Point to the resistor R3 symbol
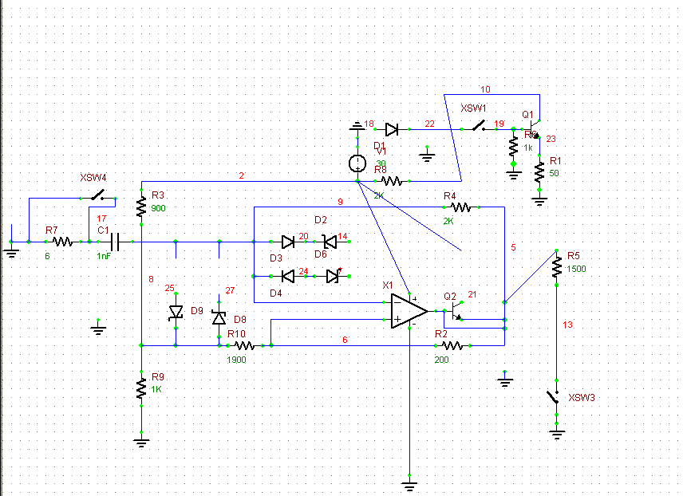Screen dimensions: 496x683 click(140, 207)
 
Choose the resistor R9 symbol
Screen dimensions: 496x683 click(140, 388)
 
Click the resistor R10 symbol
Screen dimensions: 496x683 click(243, 345)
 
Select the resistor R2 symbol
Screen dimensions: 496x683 click(452, 345)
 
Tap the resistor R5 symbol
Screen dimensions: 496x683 click(556, 269)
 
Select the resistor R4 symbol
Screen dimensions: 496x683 click(462, 207)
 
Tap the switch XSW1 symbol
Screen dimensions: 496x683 click(479, 126)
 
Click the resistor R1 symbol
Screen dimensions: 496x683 click(539, 171)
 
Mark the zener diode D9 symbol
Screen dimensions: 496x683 click(176, 314)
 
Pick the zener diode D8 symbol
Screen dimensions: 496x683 click(219, 317)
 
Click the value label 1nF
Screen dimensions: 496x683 click(105, 255)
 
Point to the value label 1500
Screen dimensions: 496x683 click(577, 270)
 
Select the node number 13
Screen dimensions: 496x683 click(567, 325)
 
